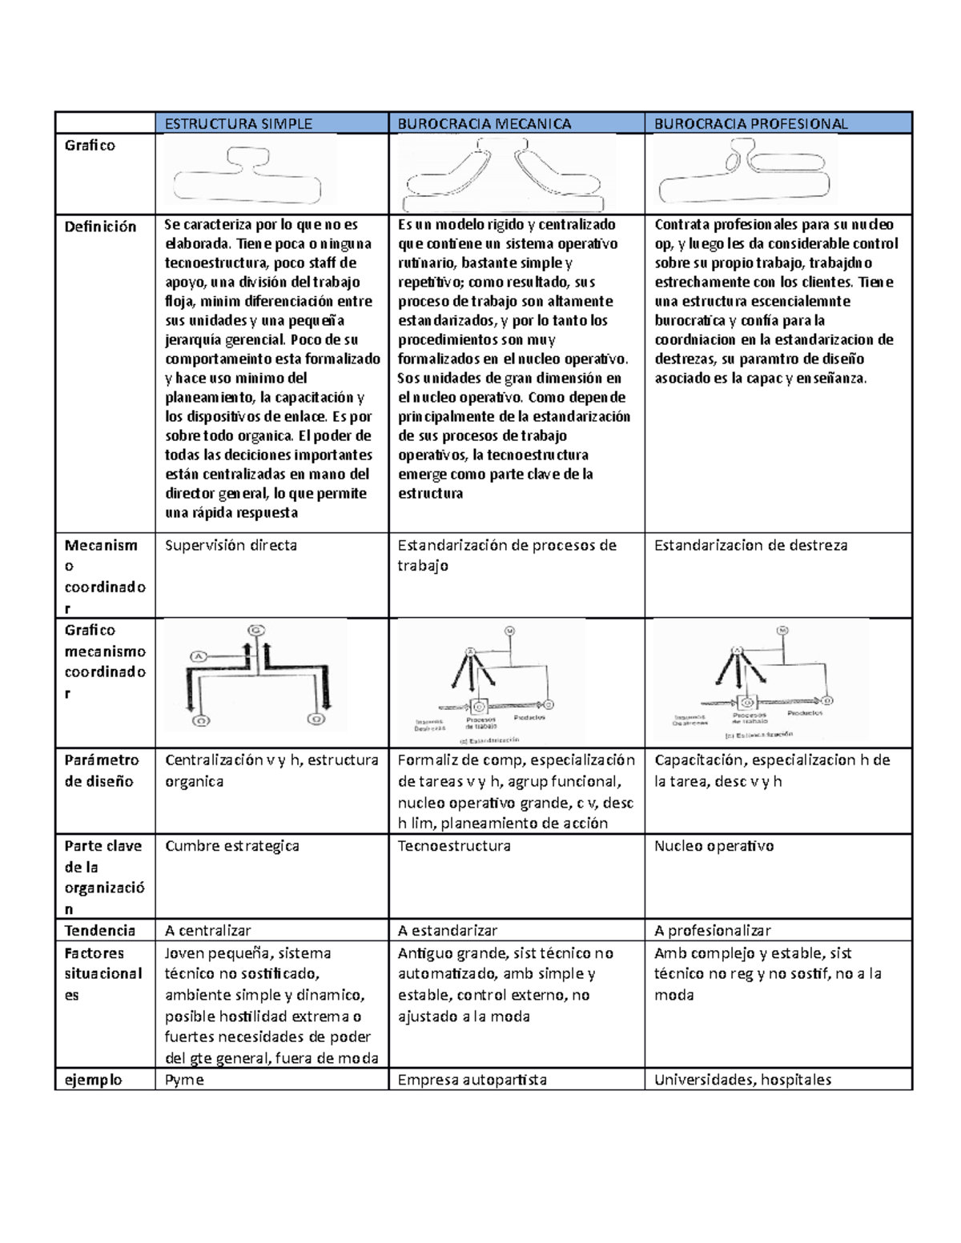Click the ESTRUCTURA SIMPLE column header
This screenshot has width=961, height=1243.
(x=238, y=123)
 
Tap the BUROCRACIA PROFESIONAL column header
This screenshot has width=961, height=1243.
(x=750, y=123)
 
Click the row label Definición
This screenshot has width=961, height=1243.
(x=100, y=227)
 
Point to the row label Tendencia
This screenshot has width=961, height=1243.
(x=99, y=930)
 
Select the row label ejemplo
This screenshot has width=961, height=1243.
(x=93, y=1080)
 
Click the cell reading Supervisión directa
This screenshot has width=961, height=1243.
(x=231, y=545)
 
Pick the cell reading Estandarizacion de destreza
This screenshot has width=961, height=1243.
(x=750, y=545)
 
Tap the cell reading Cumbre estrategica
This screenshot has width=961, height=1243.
(x=231, y=846)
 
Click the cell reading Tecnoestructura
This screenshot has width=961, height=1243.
(x=453, y=846)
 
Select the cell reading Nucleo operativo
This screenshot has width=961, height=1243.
(x=714, y=846)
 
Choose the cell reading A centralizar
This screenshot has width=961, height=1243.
(x=207, y=930)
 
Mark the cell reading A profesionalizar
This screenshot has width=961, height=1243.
(x=712, y=930)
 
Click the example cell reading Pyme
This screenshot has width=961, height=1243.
(x=184, y=1080)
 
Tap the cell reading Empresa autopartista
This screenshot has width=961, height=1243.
(x=472, y=1080)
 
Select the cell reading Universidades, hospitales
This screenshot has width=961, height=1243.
(x=742, y=1080)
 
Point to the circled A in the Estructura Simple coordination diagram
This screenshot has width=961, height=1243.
(x=198, y=657)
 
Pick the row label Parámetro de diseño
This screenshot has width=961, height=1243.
(x=102, y=770)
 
